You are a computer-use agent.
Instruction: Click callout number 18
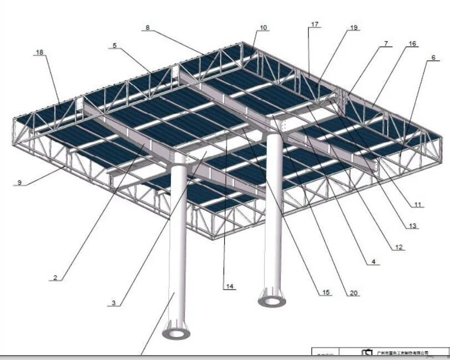coord(39,52)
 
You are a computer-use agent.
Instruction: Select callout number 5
coord(114,45)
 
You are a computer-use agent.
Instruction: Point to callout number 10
coord(263,27)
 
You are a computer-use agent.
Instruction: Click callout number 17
coord(315,24)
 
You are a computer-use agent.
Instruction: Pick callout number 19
coord(354,27)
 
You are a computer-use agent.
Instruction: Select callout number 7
coord(386,43)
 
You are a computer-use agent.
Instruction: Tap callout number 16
coord(412,43)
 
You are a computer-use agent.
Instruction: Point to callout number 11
coord(418,205)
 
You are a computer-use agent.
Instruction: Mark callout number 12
coord(398,247)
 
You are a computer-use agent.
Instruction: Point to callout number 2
coord(55,277)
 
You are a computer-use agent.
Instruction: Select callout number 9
coord(19,182)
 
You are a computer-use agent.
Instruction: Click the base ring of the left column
coord(176,334)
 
